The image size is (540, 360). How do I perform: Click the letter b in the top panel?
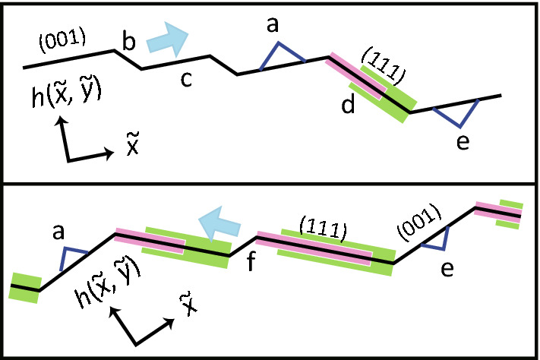[x=128, y=42]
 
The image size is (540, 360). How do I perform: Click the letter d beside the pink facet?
[x=349, y=106]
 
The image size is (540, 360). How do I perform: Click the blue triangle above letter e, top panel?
[x=457, y=116]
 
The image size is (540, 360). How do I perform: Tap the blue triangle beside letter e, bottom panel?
[x=437, y=238]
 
